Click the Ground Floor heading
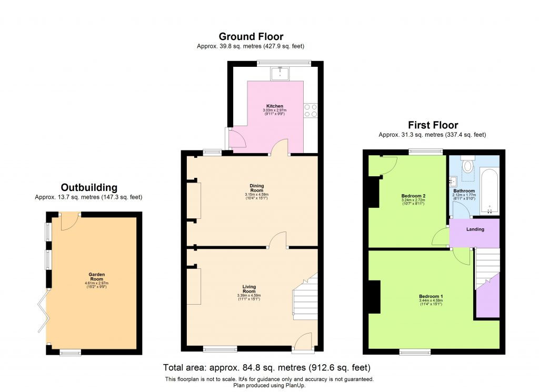[x=251, y=36]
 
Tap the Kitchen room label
[x=275, y=106]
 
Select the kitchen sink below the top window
[x=280, y=73]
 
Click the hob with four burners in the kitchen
[x=311, y=109]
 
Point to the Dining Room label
[x=256, y=188]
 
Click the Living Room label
[x=249, y=289]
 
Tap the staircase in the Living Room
[x=304, y=297]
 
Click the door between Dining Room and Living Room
[x=277, y=242]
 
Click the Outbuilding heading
[x=89, y=187]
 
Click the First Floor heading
[x=433, y=125]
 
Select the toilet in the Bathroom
[x=467, y=165]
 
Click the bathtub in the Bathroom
[x=490, y=190]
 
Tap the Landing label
[x=475, y=229]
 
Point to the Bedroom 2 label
[x=413, y=196]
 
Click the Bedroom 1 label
[x=431, y=296]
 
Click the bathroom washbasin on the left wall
[x=452, y=182]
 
